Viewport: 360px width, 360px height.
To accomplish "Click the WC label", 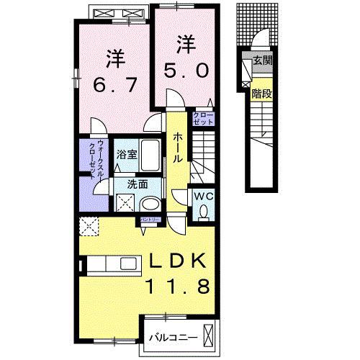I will point(202,194).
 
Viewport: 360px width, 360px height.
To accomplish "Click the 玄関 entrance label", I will point(261,61).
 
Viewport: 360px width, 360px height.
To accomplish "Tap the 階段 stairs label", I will point(261,93).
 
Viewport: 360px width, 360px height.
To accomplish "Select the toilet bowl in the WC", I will point(204,212).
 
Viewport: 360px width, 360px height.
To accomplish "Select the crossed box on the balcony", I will point(209,336).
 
